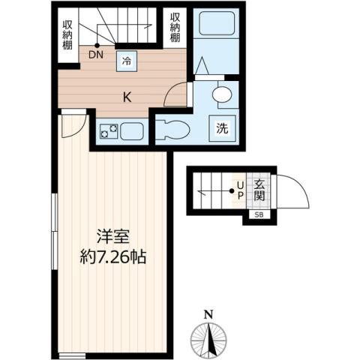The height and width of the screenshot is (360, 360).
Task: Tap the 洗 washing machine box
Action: (x=223, y=127)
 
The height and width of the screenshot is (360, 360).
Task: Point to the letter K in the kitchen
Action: (x=127, y=95)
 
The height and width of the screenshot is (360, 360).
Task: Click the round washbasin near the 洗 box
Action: (x=222, y=94)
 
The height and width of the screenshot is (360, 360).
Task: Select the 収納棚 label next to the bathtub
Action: (x=175, y=28)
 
